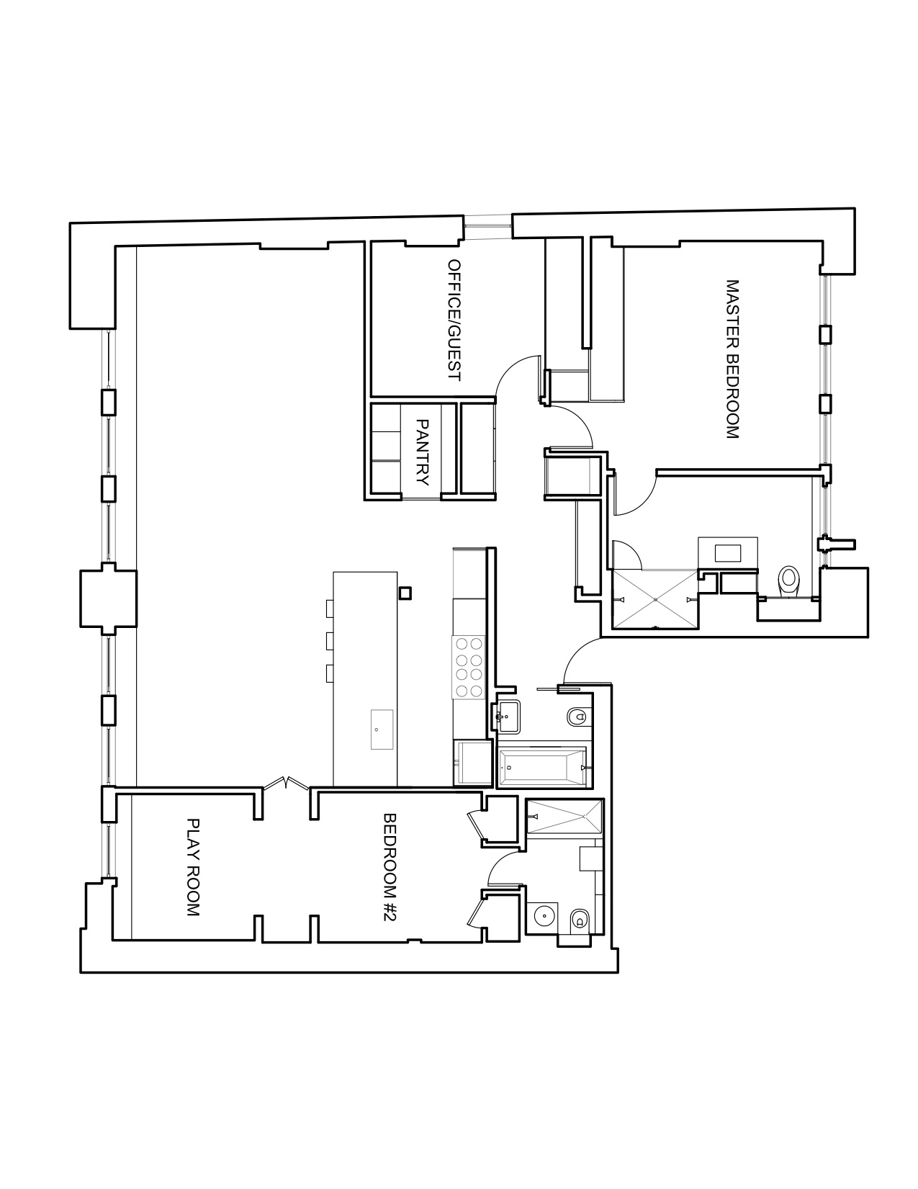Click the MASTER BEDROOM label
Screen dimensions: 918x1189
click(732, 359)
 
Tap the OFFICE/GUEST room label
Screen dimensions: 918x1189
click(454, 320)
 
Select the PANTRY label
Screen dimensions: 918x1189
click(422, 452)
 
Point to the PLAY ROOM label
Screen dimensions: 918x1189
click(193, 867)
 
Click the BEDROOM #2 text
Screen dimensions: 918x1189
click(389, 866)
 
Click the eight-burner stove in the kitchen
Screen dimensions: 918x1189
click(469, 667)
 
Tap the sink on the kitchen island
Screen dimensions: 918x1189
click(382, 730)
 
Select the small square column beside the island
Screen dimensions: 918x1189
click(405, 593)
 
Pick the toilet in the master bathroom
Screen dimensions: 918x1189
click(788, 580)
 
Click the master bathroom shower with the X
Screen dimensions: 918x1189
click(655, 600)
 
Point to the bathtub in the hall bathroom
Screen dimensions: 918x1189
click(543, 768)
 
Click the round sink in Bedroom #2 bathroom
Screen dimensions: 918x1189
click(544, 915)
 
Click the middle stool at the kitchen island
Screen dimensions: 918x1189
click(329, 641)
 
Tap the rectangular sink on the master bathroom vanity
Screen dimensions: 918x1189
click(728, 553)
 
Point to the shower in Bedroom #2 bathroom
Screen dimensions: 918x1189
click(564, 817)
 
